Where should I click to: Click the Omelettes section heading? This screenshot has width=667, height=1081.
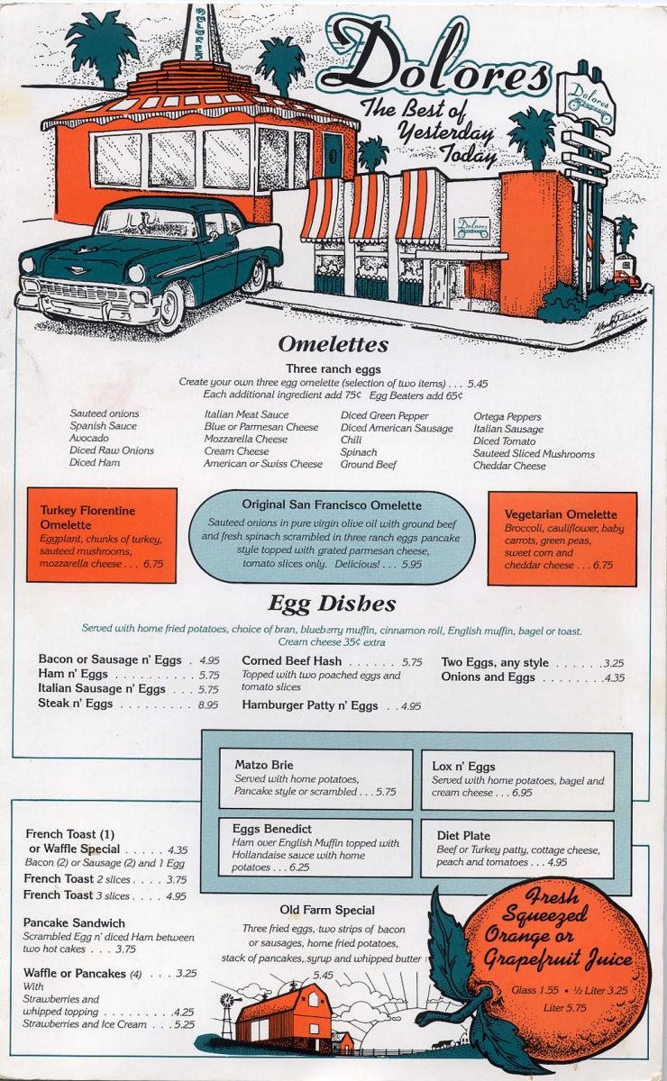(333, 345)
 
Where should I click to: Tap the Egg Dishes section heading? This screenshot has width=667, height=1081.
(332, 603)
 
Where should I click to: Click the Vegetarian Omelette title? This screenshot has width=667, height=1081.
(561, 514)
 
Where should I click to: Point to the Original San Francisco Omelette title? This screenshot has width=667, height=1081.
(331, 505)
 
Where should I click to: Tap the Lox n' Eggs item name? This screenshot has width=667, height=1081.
(463, 767)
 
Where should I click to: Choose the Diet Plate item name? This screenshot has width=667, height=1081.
(463, 835)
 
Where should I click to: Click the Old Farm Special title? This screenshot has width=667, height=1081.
(327, 910)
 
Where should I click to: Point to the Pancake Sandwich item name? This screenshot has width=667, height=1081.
(74, 923)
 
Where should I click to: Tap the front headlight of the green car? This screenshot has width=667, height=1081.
(137, 273)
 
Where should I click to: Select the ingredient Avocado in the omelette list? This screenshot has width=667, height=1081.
(89, 438)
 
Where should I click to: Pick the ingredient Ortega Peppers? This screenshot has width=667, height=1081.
(507, 417)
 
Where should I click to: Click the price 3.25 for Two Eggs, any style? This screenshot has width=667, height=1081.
(613, 663)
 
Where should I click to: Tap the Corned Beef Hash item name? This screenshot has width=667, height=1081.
(291, 661)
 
